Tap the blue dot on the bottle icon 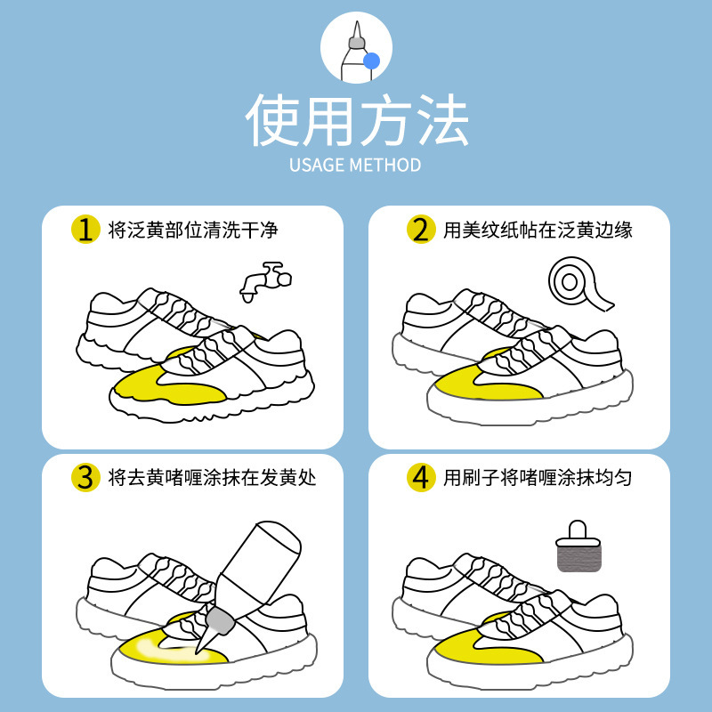point(371,61)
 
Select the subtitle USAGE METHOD point(356,166)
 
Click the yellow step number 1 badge point(85,229)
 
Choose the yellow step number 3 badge point(85,478)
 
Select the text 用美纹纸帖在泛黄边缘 point(538,230)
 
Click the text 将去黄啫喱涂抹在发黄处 point(212,479)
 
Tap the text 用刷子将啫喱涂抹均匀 point(538,479)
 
